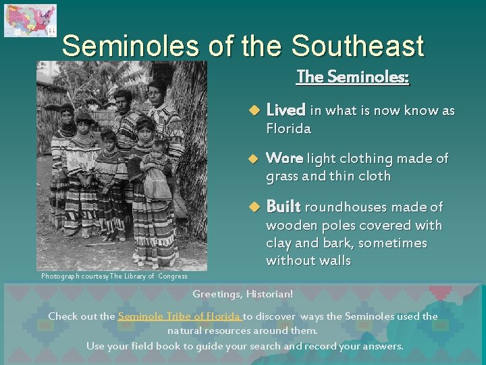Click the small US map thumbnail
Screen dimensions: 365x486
(x=30, y=20)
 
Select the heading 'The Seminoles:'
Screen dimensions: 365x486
(x=352, y=77)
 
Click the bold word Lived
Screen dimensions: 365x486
(x=286, y=110)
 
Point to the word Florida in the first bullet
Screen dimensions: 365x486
(x=289, y=128)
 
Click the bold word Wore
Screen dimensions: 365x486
(x=284, y=158)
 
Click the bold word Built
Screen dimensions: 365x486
(x=283, y=207)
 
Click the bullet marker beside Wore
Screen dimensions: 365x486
(x=254, y=159)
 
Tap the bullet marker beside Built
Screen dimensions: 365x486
(x=254, y=207)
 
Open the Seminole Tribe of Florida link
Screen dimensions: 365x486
(x=179, y=316)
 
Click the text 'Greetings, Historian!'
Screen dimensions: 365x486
(x=242, y=294)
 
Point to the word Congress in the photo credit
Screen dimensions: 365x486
(x=172, y=276)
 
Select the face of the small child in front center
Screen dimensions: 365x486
(x=108, y=139)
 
